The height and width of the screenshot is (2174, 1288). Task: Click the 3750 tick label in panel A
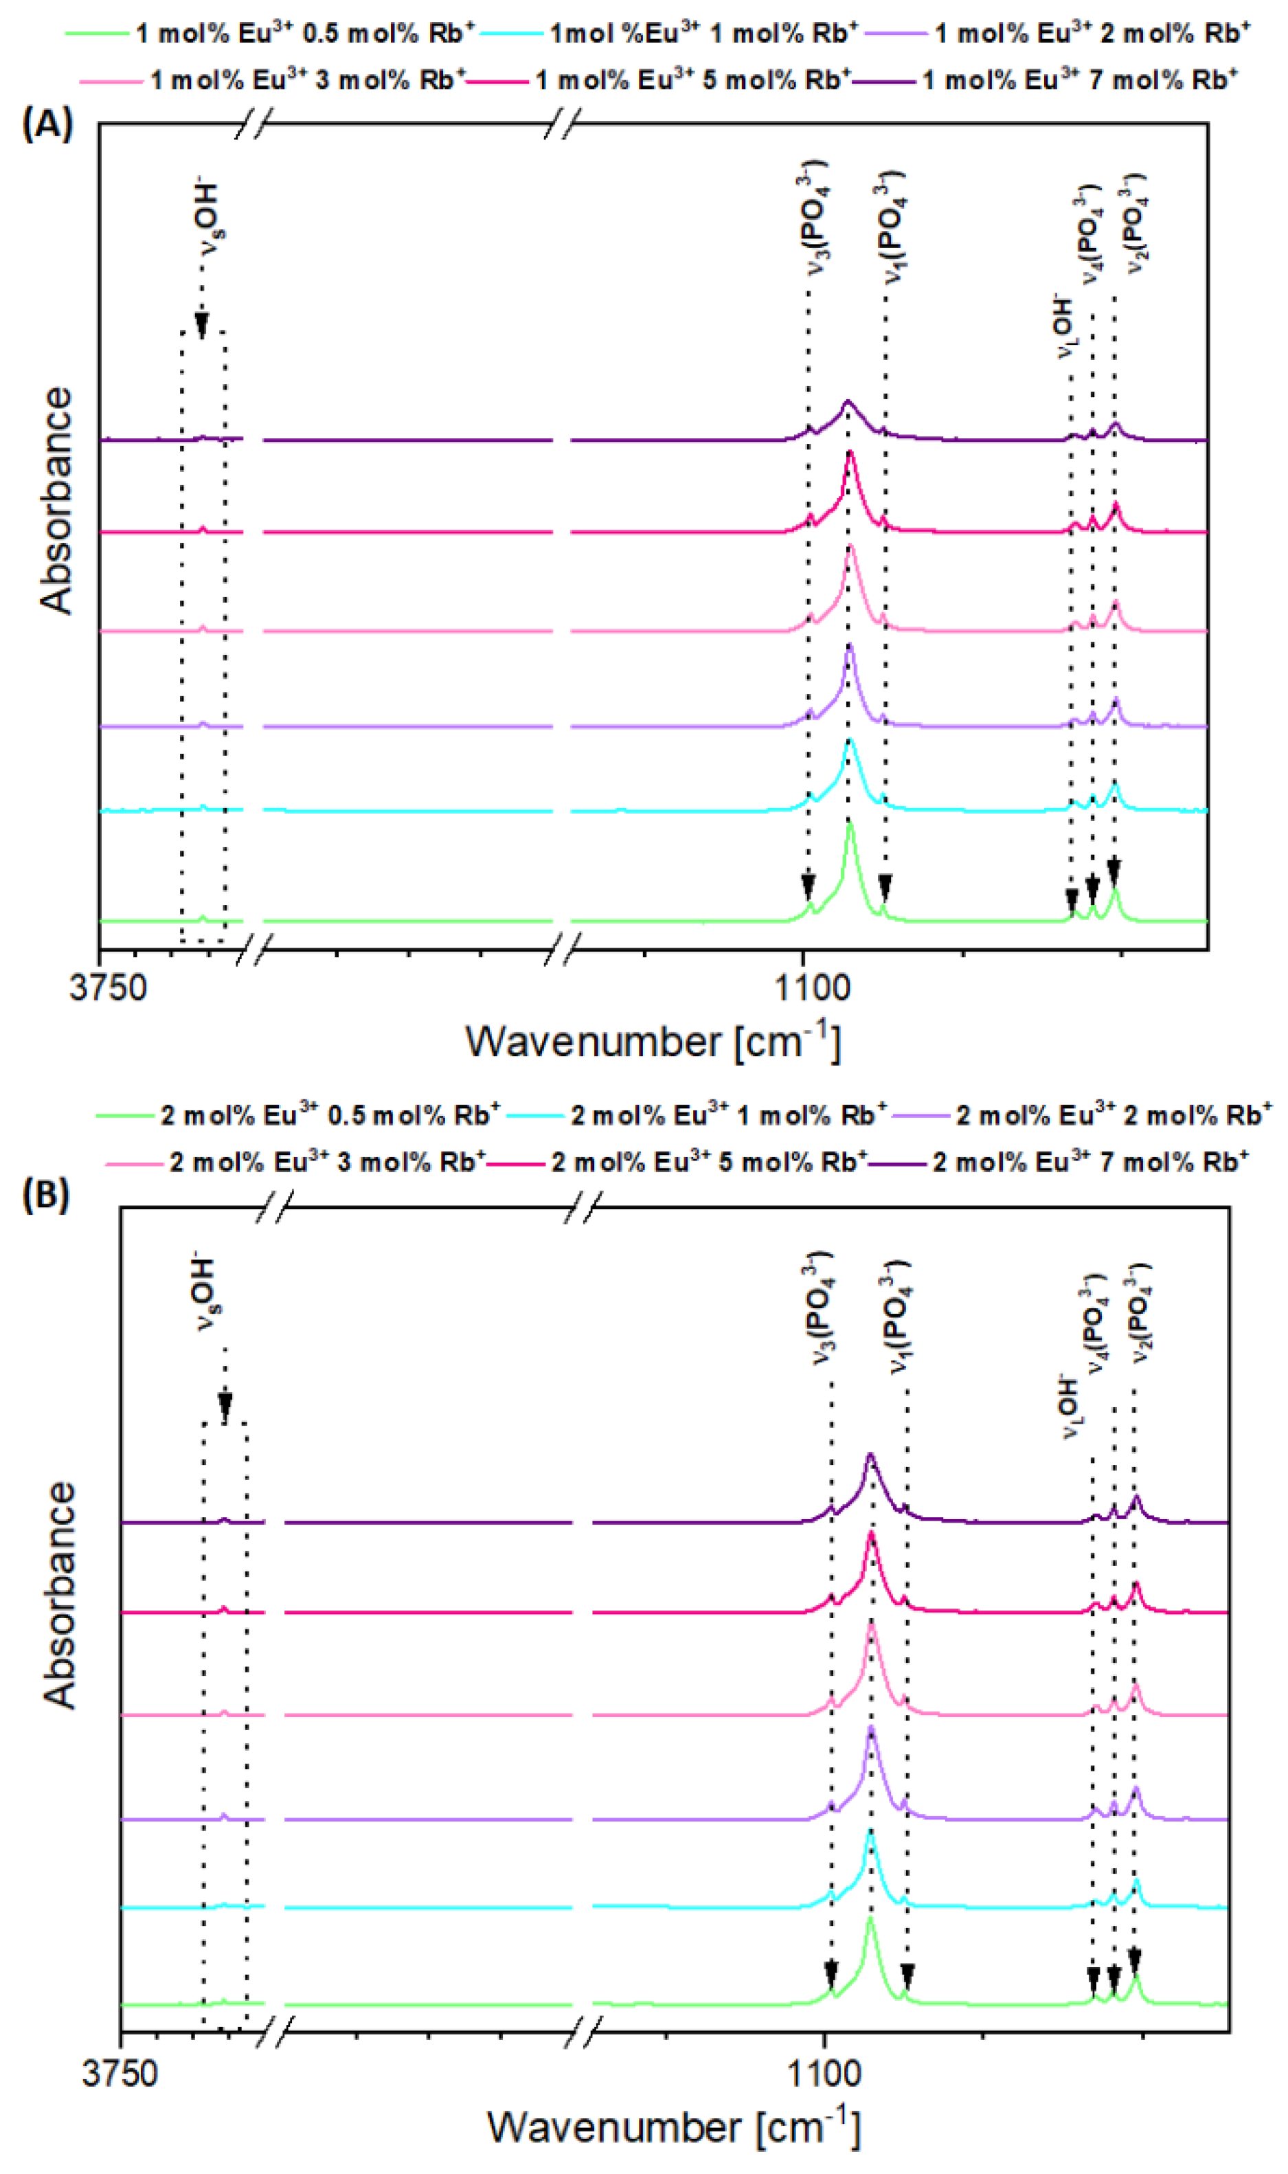(109, 987)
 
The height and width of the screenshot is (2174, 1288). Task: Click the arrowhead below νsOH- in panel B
(225, 1406)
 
